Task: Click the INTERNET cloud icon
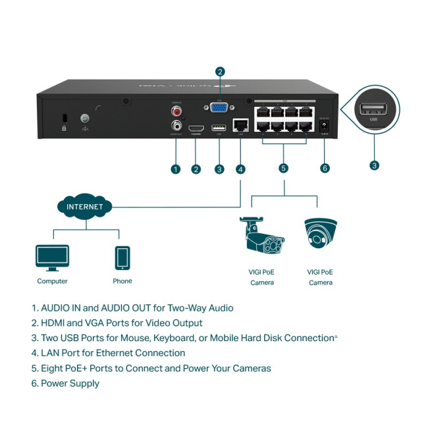(84, 207)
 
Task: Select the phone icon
(122, 257)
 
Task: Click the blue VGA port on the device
(220, 109)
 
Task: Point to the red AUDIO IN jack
(176, 112)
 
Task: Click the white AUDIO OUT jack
(176, 125)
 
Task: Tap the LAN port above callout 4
(241, 124)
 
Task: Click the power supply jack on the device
(324, 125)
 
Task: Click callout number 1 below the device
(175, 169)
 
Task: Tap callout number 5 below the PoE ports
(284, 168)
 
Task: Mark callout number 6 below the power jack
(324, 168)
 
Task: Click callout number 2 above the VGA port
(220, 72)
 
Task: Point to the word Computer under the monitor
(52, 281)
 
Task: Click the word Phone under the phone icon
(122, 281)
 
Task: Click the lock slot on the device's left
(64, 119)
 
